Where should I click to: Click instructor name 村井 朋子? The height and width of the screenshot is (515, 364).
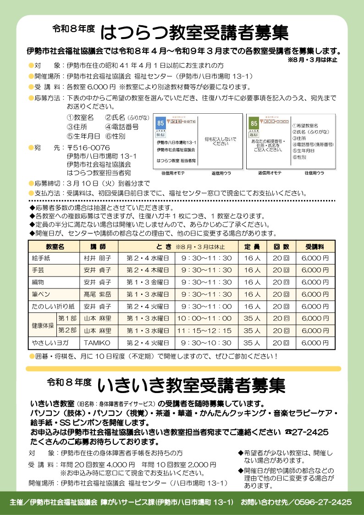click(x=97, y=258)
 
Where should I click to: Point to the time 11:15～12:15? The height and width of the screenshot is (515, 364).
click(x=204, y=331)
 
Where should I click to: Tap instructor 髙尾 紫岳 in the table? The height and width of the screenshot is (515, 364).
click(x=97, y=294)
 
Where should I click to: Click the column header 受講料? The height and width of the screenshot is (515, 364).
click(x=315, y=246)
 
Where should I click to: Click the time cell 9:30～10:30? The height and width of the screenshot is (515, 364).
click(x=206, y=343)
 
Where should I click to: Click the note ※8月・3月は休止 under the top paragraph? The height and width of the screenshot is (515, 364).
click(x=312, y=60)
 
